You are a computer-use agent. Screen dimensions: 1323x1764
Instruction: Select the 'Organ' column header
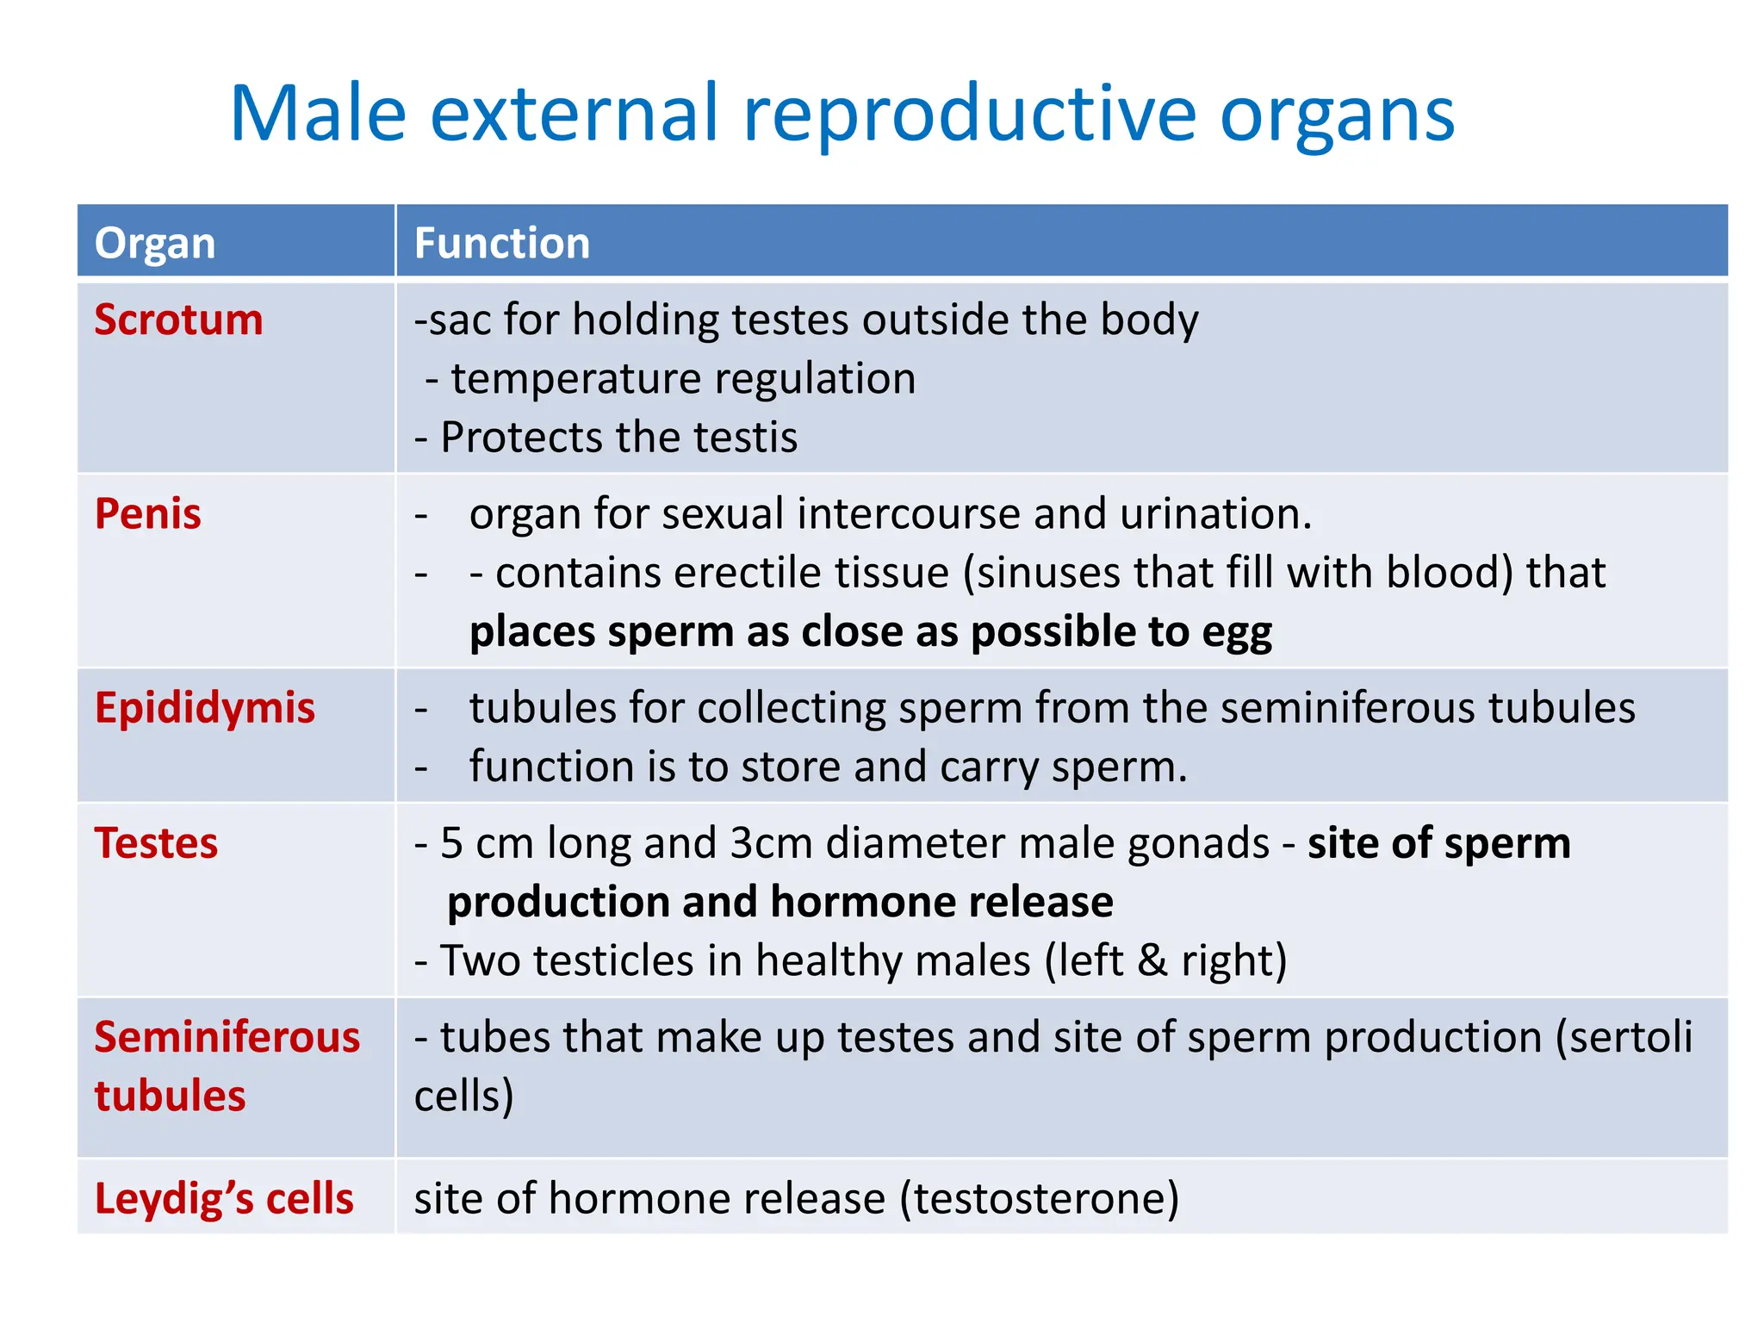(155, 243)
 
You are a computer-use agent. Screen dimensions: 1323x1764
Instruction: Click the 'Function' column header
(502, 243)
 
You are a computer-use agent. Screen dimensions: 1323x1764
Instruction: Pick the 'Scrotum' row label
(178, 320)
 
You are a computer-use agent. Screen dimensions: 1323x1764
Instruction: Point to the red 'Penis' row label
(147, 514)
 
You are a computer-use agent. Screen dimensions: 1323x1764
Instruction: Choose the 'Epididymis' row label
(205, 708)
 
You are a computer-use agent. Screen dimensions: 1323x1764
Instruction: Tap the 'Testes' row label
(156, 843)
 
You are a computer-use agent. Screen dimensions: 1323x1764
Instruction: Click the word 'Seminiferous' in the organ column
(227, 1037)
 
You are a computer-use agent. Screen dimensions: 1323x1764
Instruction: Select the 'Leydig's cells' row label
(224, 1199)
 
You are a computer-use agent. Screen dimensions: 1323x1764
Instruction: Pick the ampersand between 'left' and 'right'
(1152, 960)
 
